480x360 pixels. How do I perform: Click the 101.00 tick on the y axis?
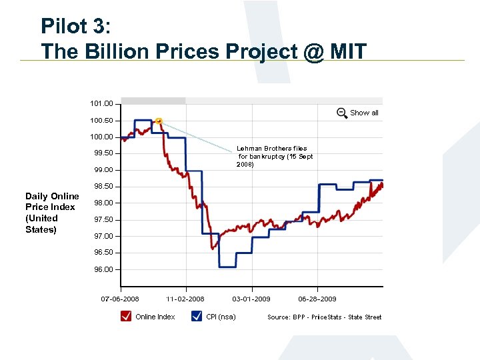(x=101, y=104)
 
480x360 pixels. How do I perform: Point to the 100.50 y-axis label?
(x=101, y=121)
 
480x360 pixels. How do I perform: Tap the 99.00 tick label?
(x=101, y=170)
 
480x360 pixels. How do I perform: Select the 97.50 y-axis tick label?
(x=101, y=220)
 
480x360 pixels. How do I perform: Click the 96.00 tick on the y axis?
(x=101, y=269)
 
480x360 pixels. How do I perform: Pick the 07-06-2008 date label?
(x=120, y=299)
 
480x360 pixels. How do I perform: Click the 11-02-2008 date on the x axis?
(x=185, y=299)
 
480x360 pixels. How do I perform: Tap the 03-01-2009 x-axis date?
(x=251, y=299)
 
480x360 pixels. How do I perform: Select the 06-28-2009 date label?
(x=317, y=299)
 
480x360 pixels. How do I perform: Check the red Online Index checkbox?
(x=126, y=316)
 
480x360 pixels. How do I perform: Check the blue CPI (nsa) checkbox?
(x=197, y=316)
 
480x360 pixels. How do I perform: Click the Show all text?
(x=364, y=113)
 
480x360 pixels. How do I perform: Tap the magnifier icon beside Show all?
(x=342, y=113)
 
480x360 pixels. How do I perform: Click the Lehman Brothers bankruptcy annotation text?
(x=274, y=156)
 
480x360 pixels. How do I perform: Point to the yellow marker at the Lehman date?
(x=159, y=121)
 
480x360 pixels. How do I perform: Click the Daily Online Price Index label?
(x=52, y=213)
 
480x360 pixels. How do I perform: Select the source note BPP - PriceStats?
(x=325, y=317)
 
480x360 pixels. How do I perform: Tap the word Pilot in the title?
(x=64, y=26)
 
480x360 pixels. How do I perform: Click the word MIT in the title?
(x=345, y=51)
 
